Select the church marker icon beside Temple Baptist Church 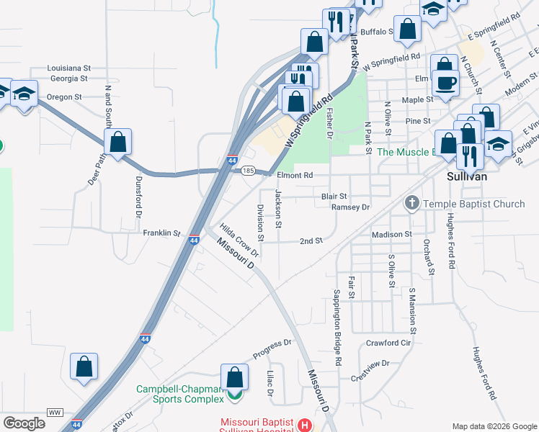coord(412,204)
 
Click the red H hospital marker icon coord(306,426)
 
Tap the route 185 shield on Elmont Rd coord(248,171)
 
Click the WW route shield coord(55,413)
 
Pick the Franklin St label coord(161,233)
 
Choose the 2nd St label coord(311,241)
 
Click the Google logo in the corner coord(24,423)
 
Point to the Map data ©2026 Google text coord(494,426)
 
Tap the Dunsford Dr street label coord(137,198)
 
